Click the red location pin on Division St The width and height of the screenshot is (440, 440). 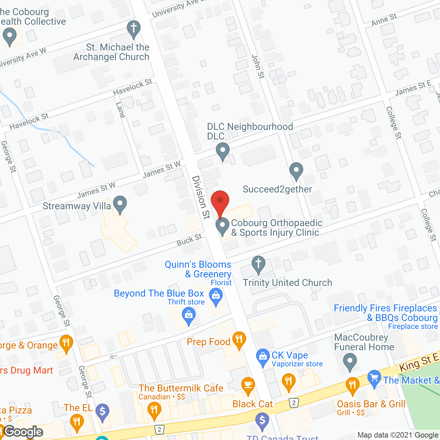[x=220, y=201]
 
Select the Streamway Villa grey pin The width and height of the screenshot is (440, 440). [x=120, y=204]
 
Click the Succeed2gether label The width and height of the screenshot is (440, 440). [x=277, y=189]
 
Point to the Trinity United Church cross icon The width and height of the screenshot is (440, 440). [x=258, y=264]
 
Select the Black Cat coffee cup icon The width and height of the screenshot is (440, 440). [x=248, y=385]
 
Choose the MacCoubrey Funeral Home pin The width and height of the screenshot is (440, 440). [x=350, y=362]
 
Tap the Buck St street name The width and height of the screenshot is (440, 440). [x=189, y=240]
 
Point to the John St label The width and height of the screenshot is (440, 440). [x=258, y=66]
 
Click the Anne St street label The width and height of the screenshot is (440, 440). [x=384, y=20]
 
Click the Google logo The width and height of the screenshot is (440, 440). [x=23, y=431]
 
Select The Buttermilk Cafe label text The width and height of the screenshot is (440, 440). [x=181, y=388]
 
